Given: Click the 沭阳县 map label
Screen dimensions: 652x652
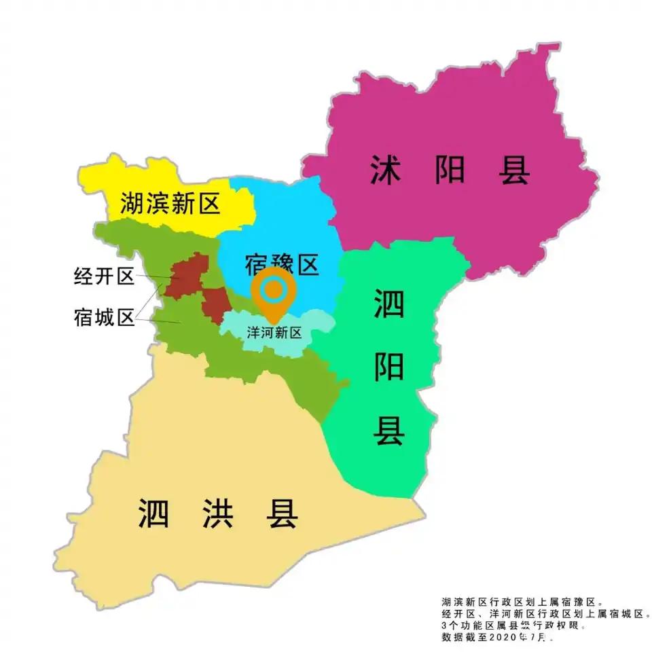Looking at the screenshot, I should (450, 170).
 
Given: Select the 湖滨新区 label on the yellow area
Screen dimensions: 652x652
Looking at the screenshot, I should (171, 203).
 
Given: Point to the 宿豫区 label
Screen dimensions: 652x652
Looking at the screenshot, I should (280, 264).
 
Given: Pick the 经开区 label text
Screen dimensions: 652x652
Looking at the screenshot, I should (105, 277).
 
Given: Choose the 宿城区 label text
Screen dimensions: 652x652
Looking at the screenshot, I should (105, 317).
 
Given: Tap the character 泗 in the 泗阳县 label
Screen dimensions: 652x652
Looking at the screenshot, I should (388, 304).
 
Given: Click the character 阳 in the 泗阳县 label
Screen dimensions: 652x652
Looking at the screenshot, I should (388, 367).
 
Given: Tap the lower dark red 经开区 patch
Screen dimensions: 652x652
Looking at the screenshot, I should (215, 304).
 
